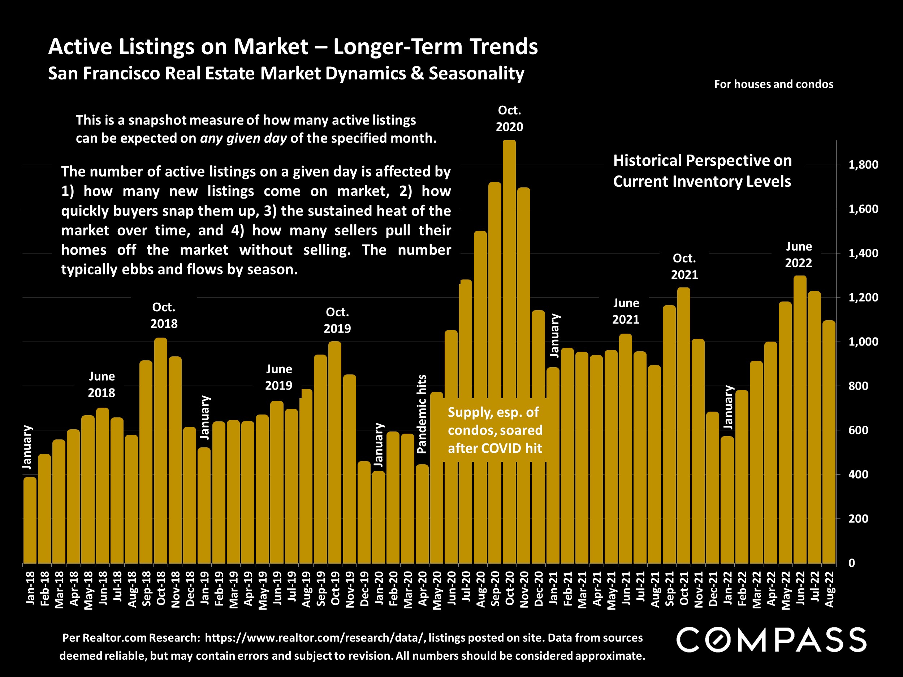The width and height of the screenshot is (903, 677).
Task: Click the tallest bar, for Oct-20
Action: [x=509, y=351]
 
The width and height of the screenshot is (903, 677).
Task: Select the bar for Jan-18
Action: [x=30, y=520]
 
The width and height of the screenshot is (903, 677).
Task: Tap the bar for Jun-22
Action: [x=800, y=420]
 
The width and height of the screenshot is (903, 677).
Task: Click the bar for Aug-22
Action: [x=829, y=443]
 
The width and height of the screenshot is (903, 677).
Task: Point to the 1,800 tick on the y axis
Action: [x=863, y=165]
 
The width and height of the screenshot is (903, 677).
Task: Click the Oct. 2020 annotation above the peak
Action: [x=509, y=118]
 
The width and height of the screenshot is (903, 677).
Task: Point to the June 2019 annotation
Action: [x=279, y=377]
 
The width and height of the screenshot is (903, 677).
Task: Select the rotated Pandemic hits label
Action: [x=422, y=414]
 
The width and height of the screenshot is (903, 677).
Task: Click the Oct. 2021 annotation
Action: [x=684, y=266]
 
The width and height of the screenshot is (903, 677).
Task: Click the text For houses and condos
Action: [x=773, y=84]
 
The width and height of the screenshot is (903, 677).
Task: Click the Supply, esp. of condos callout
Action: [x=495, y=430]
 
